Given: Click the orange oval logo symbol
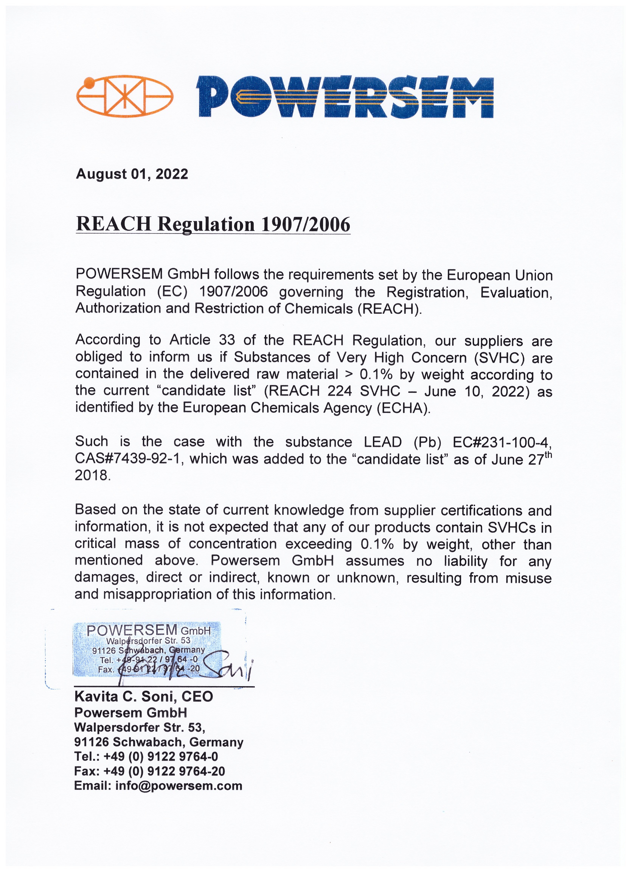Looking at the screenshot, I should click(124, 96).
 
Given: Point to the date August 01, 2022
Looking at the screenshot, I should click(132, 174).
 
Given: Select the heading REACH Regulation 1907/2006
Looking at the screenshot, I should click(213, 224).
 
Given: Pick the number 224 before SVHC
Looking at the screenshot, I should click(340, 391).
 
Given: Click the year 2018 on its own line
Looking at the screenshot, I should click(92, 476).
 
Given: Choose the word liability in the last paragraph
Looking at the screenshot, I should click(465, 561).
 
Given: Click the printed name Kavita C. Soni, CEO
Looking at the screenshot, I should click(144, 696).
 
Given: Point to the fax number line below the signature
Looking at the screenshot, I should click(149, 771).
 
